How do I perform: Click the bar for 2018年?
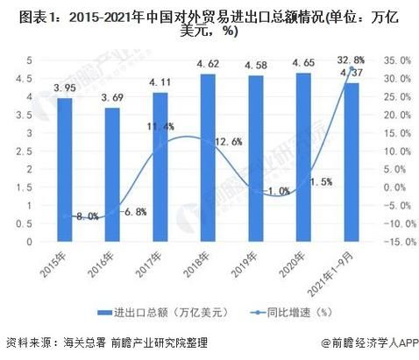[x=207, y=158]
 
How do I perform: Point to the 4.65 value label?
[x=303, y=63]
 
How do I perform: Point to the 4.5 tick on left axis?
[x=28, y=78]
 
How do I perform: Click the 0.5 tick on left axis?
[x=28, y=223]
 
